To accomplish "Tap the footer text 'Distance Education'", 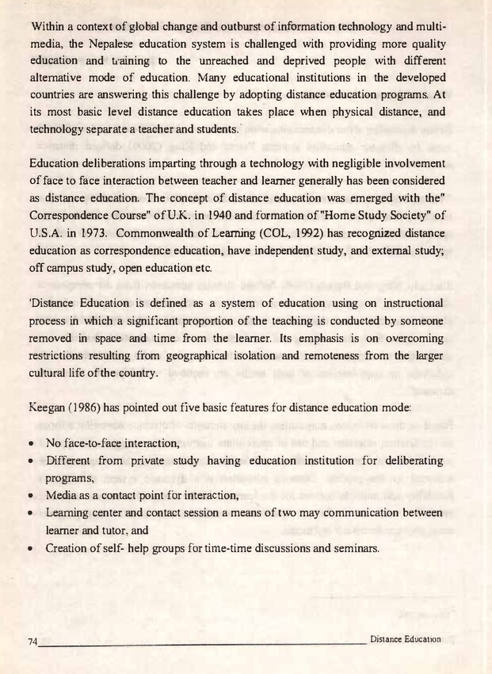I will [404, 638].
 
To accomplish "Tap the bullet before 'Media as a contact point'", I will [30, 496].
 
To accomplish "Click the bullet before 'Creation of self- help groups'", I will [30, 548].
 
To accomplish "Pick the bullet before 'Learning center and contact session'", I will [30, 513].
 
